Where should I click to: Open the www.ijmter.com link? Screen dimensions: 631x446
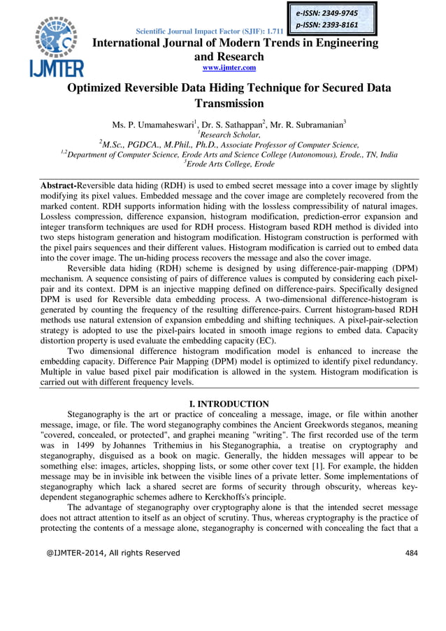(229, 67)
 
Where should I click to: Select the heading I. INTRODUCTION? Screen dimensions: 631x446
(229, 404)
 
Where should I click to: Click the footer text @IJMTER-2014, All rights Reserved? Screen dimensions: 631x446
(113, 553)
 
